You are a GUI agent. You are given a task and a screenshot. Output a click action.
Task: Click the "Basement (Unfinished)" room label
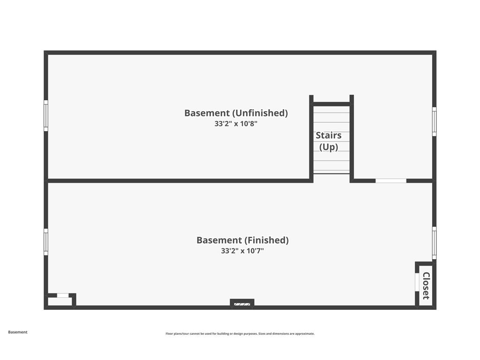tap(236, 113)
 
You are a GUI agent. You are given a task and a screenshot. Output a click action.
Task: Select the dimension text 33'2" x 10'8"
tap(236, 124)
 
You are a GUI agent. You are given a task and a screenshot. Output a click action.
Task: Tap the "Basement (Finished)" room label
tap(242, 240)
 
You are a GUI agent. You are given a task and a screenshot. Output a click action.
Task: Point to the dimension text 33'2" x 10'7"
tap(242, 251)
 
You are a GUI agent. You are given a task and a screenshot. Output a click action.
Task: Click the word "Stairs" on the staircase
tap(329, 135)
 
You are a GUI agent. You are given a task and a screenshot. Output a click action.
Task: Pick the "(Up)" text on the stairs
tap(329, 147)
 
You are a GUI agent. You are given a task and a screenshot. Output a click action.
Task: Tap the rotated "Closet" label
tap(426, 286)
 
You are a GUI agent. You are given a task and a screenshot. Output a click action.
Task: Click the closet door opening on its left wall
tap(417, 282)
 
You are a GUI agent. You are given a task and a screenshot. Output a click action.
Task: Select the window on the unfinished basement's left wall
tap(46, 115)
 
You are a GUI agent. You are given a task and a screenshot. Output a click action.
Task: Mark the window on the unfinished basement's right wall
tap(434, 121)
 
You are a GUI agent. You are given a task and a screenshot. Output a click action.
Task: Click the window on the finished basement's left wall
tap(46, 242)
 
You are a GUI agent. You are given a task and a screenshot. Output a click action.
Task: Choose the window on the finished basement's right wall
tap(434, 243)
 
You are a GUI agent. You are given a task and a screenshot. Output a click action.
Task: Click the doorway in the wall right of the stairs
tap(391, 180)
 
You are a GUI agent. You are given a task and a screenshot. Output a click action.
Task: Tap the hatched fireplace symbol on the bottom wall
tap(242, 304)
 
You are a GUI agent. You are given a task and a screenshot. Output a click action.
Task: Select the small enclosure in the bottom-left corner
tap(60, 300)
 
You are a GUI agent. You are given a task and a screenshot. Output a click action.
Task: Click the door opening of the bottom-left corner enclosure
tap(63, 295)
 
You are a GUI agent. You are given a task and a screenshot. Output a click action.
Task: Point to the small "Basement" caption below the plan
tap(18, 332)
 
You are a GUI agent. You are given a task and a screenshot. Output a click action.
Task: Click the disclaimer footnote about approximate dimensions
tap(240, 334)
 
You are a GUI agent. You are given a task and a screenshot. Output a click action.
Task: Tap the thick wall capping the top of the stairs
tap(331, 104)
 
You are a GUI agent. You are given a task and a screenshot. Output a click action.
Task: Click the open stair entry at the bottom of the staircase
tap(331, 178)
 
